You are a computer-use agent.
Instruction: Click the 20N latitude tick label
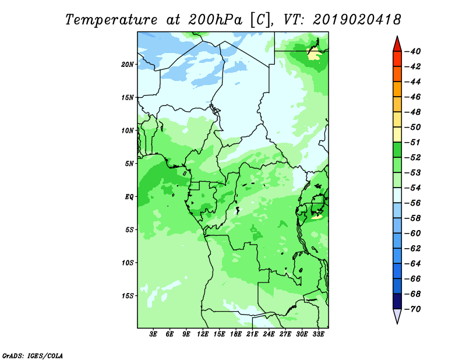pyautogui.click(x=128, y=65)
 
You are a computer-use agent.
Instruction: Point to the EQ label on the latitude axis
pyautogui.click(x=129, y=197)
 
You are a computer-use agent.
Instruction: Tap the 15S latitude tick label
pyautogui.click(x=128, y=296)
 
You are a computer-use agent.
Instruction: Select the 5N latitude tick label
pyautogui.click(x=129, y=164)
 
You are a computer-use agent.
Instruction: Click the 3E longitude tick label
pyautogui.click(x=153, y=334)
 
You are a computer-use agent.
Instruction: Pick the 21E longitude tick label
pyautogui.click(x=252, y=334)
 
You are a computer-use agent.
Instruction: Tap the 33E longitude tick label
pyautogui.click(x=318, y=334)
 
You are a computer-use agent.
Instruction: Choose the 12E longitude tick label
pyautogui.click(x=203, y=334)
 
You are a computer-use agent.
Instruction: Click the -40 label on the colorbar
pyautogui.click(x=413, y=51)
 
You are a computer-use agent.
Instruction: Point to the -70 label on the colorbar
pyautogui.click(x=413, y=309)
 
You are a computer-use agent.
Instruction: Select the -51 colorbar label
pyautogui.click(x=413, y=142)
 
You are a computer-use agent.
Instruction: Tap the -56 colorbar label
pyautogui.click(x=413, y=203)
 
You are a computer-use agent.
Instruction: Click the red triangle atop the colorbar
pyautogui.click(x=397, y=45)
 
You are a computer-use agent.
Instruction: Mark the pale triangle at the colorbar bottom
pyautogui.click(x=397, y=315)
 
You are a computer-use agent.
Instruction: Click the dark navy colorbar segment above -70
pyautogui.click(x=397, y=301)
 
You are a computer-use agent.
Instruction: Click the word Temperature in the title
pyautogui.click(x=111, y=20)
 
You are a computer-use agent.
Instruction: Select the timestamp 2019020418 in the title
pyautogui.click(x=357, y=20)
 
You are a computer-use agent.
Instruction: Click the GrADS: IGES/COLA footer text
pyautogui.click(x=33, y=356)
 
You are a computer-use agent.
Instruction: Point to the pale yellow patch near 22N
pyautogui.click(x=313, y=55)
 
